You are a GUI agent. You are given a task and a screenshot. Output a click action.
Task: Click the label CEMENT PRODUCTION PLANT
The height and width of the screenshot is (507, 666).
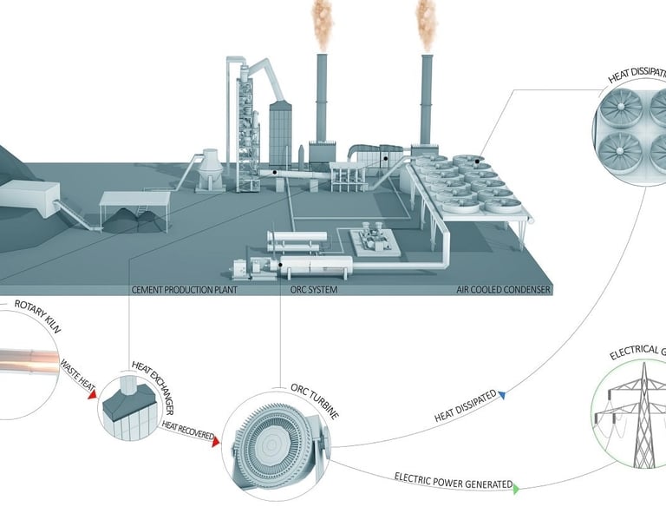click(184, 290)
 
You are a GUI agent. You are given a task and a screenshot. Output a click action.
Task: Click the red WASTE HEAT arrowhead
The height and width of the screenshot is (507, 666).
click(92, 396)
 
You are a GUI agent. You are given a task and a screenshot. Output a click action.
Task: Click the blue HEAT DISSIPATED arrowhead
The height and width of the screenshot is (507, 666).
click(502, 395)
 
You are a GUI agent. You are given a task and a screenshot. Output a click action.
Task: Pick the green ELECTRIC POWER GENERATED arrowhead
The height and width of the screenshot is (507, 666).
click(516, 490)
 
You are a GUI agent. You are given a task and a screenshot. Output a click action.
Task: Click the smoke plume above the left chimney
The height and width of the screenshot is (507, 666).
click(322, 23)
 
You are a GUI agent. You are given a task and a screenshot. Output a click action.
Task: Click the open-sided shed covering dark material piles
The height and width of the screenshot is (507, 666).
click(134, 210)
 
